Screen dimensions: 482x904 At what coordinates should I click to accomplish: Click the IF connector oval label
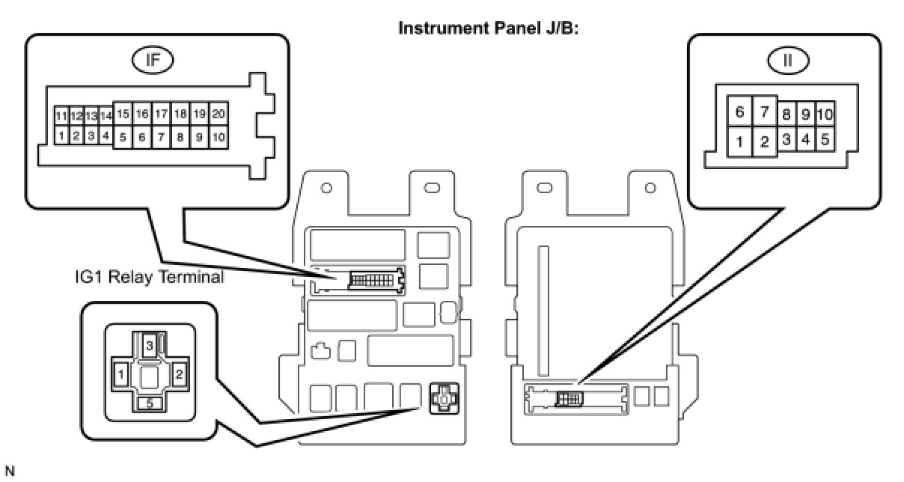[153, 61]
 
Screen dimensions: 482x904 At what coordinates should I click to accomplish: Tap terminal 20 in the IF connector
[219, 114]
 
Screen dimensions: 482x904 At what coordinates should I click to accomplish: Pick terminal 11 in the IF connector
[61, 116]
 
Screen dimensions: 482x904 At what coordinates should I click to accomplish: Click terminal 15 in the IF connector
[123, 114]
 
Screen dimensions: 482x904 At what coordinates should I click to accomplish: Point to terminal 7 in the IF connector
[161, 137]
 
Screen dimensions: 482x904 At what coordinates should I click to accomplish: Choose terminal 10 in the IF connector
[219, 137]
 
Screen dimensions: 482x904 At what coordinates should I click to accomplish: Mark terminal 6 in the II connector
[739, 112]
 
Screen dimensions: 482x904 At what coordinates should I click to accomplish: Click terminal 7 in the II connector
[765, 112]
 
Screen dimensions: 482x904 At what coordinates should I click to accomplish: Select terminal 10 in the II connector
[825, 115]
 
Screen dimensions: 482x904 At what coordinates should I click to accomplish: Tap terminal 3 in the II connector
[786, 139]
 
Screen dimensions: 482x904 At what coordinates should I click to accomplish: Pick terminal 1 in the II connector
[739, 141]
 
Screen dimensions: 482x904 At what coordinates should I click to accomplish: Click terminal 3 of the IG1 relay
[150, 345]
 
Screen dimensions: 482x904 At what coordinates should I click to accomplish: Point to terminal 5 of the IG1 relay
[150, 403]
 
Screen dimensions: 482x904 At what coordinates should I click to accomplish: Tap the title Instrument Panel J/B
[488, 28]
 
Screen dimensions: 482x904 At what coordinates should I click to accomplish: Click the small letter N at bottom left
[9, 472]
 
